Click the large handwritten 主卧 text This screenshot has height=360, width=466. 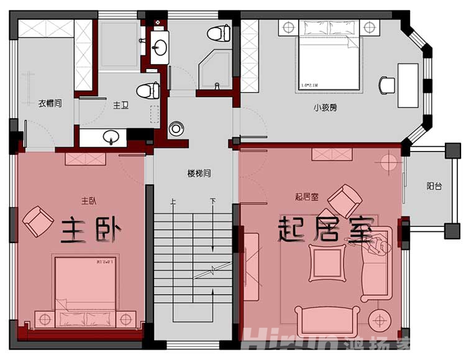pyautogui.click(x=90, y=230)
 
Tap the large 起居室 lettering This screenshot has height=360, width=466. pyautogui.click(x=326, y=230)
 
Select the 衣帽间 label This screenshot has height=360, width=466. pyautogui.click(x=50, y=103)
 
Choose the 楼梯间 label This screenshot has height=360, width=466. pyautogui.click(x=199, y=173)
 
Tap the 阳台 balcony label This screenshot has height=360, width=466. pyautogui.click(x=434, y=185)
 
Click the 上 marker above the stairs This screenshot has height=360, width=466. pyautogui.click(x=173, y=201)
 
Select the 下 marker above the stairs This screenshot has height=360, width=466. pyautogui.click(x=212, y=201)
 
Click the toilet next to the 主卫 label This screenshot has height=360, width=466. pyautogui.click(x=148, y=91)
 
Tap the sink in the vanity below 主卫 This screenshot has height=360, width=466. pyautogui.click(x=111, y=136)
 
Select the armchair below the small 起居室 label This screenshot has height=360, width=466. pyautogui.click(x=344, y=200)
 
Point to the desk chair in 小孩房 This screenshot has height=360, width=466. pyautogui.click(x=387, y=85)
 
